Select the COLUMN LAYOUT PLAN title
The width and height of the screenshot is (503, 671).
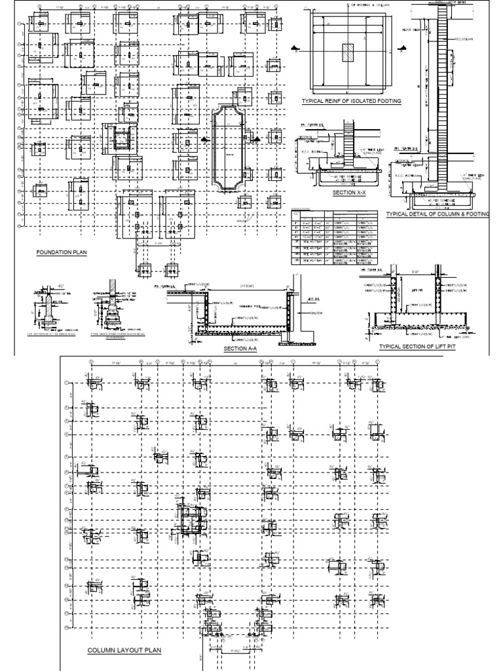click(x=124, y=651)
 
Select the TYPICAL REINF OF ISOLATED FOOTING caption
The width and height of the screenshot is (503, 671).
click(x=350, y=102)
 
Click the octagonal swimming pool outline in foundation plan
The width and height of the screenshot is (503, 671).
click(x=229, y=147)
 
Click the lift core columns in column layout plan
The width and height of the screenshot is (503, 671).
click(x=190, y=521)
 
